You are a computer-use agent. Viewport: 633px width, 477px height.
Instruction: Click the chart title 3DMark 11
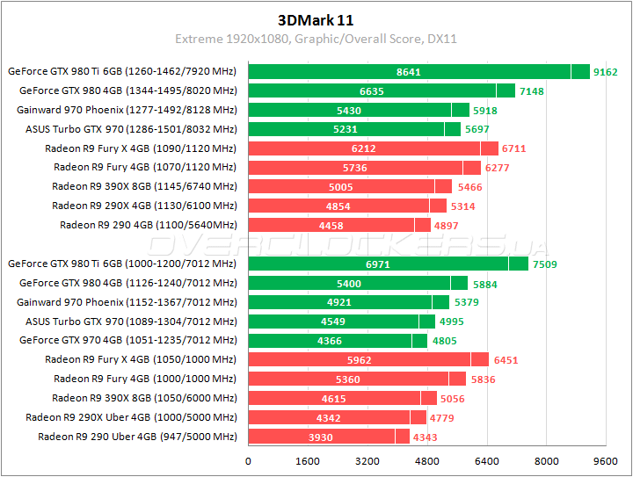(x=316, y=18)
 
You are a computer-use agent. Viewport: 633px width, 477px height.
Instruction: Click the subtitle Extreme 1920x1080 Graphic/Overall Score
(x=316, y=39)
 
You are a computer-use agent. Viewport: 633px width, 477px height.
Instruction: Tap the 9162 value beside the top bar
(x=606, y=72)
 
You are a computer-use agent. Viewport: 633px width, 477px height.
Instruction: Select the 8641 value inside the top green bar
(x=409, y=72)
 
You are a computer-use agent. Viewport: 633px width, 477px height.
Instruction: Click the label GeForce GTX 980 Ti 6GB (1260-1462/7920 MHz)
(x=122, y=71)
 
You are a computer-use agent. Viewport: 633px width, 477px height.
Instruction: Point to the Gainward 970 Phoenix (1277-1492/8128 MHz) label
(x=127, y=110)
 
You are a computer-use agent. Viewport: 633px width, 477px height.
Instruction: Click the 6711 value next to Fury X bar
(x=514, y=148)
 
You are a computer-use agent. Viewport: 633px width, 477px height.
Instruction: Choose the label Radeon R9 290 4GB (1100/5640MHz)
(x=148, y=225)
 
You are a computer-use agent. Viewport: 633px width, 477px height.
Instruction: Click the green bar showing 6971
(x=377, y=264)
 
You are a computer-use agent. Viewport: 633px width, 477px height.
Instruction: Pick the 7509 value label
(x=544, y=264)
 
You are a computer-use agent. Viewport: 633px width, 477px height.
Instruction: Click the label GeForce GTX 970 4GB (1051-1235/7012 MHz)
(x=128, y=340)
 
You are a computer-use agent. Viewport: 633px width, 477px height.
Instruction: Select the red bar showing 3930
(x=321, y=437)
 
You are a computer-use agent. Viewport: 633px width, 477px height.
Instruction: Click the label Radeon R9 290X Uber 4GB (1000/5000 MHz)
(x=131, y=417)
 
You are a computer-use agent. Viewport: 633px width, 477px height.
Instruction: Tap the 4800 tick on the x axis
(x=427, y=460)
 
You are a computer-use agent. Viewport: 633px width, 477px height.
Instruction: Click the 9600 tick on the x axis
(x=605, y=460)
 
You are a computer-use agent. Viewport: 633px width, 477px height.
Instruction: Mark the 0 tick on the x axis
(x=249, y=460)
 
